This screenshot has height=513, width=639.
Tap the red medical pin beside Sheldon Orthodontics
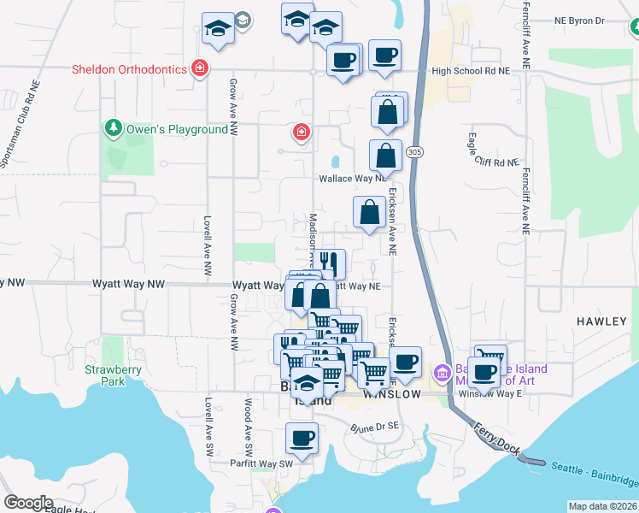pyautogui.click(x=200, y=68)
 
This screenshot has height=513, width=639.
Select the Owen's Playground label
pyautogui.click(x=178, y=130)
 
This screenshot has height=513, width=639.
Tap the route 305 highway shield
pyautogui.click(x=414, y=152)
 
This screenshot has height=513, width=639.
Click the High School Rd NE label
pyautogui.click(x=471, y=72)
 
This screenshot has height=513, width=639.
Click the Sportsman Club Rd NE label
pyautogui.click(x=21, y=126)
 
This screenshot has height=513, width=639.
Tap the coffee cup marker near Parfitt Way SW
pyautogui.click(x=302, y=438)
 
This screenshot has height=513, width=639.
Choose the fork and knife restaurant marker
pyautogui.click(x=328, y=262)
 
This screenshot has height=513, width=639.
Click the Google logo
pyautogui.click(x=28, y=503)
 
